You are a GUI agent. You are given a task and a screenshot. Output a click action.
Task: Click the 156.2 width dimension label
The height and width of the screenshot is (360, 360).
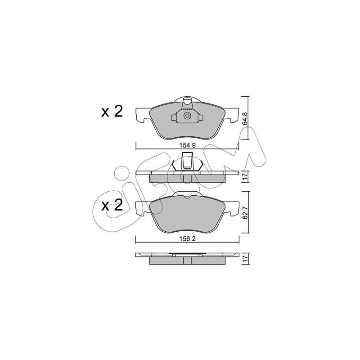coord(187,239)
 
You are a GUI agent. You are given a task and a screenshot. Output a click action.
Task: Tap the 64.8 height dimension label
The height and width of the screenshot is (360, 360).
coord(245,118)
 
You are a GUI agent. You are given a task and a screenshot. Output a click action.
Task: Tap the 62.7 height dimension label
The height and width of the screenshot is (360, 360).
coord(245,212)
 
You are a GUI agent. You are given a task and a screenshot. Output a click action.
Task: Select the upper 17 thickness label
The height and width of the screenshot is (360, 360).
coord(245,176)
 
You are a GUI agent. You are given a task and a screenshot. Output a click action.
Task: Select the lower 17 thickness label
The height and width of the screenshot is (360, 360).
coord(245,259)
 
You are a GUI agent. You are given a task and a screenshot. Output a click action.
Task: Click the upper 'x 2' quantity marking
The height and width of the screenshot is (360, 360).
coord(112,112)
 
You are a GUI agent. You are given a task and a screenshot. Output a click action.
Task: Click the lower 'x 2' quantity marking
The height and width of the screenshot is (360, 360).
coord(112,205)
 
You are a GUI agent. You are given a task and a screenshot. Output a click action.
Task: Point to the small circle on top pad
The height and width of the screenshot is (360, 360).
coord(187,116)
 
